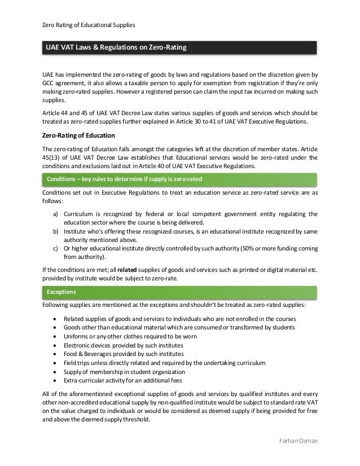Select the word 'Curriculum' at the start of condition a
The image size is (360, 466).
pos(80,214)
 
